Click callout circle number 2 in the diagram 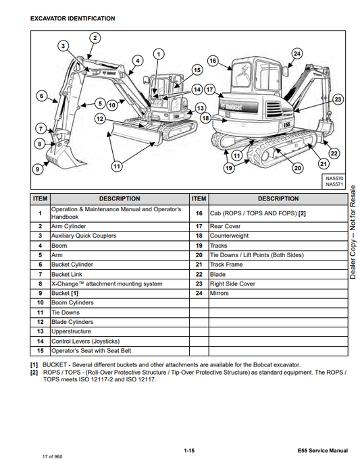(x=95, y=38)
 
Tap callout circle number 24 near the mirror (x=297, y=54)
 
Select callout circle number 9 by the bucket (x=38, y=169)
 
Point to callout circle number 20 (x=297, y=168)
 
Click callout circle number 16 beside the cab (x=213, y=61)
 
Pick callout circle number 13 (x=201, y=108)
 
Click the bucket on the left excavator (x=63, y=156)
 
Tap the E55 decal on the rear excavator (x=286, y=125)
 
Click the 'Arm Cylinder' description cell (x=120, y=227)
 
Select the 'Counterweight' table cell (x=278, y=236)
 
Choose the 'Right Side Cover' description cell (x=278, y=284)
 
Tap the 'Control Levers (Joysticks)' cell (x=120, y=342)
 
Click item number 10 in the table (x=41, y=302)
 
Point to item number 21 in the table (x=199, y=265)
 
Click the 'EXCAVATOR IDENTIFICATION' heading (x=73, y=19)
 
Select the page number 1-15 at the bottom (x=189, y=451)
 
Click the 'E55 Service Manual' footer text (x=323, y=451)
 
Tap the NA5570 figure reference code (x=334, y=179)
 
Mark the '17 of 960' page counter (x=52, y=457)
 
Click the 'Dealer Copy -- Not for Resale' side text (x=353, y=232)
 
